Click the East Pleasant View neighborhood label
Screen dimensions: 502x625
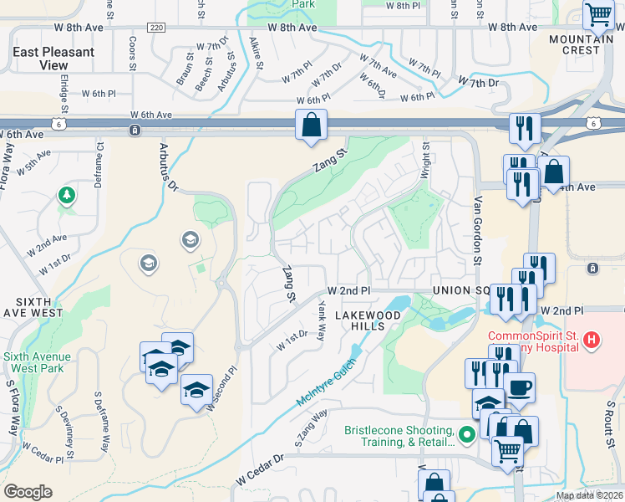pyautogui.click(x=53, y=58)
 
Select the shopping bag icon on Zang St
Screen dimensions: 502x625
pyautogui.click(x=311, y=126)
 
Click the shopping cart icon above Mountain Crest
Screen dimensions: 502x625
pyautogui.click(x=598, y=14)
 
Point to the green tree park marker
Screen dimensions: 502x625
pyautogui.click(x=66, y=196)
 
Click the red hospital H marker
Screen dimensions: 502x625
pyautogui.click(x=592, y=340)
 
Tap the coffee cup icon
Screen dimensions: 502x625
pyautogui.click(x=519, y=387)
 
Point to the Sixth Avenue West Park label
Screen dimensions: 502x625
pyautogui.click(x=34, y=361)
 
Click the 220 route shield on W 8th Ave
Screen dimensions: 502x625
pyautogui.click(x=155, y=28)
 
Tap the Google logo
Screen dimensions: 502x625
pyautogui.click(x=28, y=491)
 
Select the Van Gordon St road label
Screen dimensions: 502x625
pyautogui.click(x=478, y=231)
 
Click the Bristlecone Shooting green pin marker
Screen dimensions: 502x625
pyautogui.click(x=467, y=433)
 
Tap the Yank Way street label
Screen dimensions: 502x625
pyautogui.click(x=321, y=322)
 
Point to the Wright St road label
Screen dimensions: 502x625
pyautogui.click(x=425, y=159)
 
